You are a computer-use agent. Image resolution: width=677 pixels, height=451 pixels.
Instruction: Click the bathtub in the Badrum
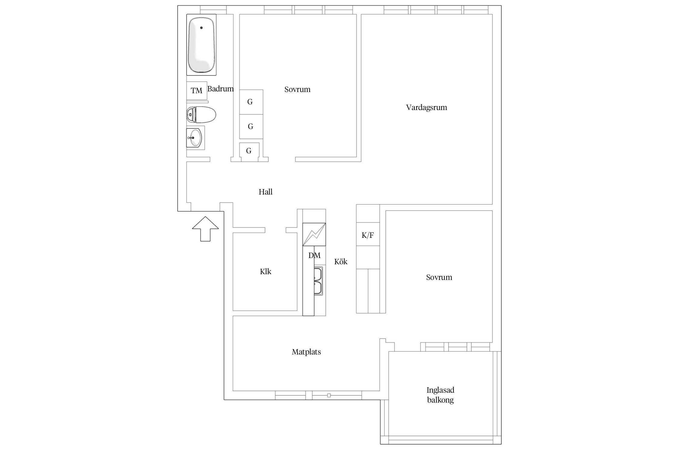click(x=201, y=45)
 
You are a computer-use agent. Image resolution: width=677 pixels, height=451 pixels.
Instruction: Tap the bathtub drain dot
click(x=201, y=28)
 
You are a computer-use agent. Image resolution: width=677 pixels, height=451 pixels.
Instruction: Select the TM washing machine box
click(x=197, y=91)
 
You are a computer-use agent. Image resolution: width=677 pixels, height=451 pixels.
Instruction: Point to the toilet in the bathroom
click(x=201, y=115)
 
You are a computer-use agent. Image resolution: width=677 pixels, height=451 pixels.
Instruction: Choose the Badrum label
click(x=221, y=89)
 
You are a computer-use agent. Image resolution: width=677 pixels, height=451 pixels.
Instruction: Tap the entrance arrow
click(x=206, y=229)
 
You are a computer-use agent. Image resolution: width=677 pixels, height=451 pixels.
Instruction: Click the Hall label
click(x=265, y=192)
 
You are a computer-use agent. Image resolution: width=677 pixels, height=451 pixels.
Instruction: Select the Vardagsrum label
click(x=426, y=108)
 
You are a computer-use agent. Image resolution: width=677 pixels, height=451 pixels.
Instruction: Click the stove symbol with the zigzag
click(x=314, y=234)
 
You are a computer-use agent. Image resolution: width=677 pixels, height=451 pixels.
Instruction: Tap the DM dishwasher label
click(x=314, y=255)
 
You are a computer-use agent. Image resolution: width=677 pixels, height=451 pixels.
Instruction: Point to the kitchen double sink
click(x=318, y=281)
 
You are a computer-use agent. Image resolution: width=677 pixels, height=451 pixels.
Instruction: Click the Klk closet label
click(x=265, y=272)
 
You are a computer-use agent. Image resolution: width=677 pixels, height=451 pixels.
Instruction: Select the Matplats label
click(x=306, y=352)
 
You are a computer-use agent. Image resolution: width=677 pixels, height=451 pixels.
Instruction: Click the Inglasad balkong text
click(x=441, y=395)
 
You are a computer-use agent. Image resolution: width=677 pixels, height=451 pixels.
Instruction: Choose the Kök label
click(x=341, y=262)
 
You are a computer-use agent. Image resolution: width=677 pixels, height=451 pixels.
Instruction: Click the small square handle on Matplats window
click(x=329, y=395)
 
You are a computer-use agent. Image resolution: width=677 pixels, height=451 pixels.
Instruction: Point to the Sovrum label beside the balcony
click(x=439, y=277)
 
